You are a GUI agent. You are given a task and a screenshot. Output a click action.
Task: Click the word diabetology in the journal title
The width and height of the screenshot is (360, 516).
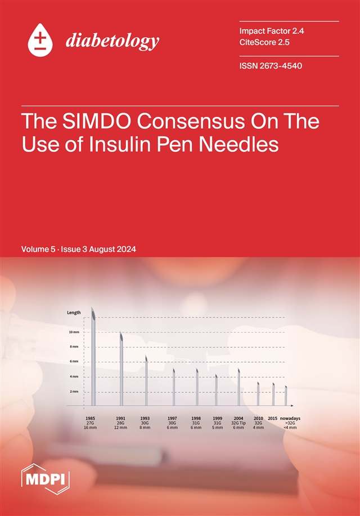(x=112, y=41)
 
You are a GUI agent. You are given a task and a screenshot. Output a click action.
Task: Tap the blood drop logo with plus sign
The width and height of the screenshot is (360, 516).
(x=40, y=39)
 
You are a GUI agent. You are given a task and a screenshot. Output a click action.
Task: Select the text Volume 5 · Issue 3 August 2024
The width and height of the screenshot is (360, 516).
(x=79, y=249)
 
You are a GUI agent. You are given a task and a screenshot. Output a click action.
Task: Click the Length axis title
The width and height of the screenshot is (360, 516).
(x=74, y=313)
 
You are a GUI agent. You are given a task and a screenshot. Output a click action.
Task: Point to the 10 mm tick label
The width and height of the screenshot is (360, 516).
(x=74, y=332)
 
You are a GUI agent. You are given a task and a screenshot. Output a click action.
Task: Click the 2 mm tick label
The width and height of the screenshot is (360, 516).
(x=74, y=391)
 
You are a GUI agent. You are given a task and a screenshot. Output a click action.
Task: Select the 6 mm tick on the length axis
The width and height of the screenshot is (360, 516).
(x=74, y=361)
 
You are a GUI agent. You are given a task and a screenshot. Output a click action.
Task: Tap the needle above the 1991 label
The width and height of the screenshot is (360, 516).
(x=121, y=368)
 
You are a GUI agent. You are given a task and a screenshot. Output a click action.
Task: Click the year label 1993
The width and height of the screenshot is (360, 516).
(x=145, y=418)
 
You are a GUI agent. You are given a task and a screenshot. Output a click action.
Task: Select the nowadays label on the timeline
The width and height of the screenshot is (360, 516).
(x=290, y=418)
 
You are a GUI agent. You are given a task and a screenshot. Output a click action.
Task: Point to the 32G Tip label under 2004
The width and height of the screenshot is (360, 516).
(x=238, y=423)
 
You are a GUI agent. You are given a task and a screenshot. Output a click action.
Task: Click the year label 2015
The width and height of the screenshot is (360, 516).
(x=273, y=418)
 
